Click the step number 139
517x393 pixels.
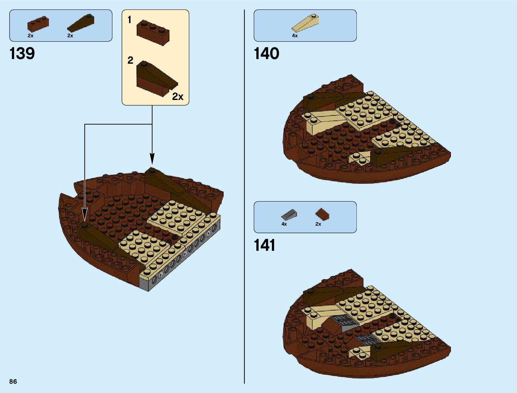click(x=22, y=53)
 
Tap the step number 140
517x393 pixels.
click(x=266, y=53)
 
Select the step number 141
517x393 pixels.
click(x=265, y=245)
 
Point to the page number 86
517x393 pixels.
click(x=13, y=381)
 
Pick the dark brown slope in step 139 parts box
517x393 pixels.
click(x=81, y=23)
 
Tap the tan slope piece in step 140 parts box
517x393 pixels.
click(x=306, y=23)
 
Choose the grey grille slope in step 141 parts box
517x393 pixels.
click(x=289, y=215)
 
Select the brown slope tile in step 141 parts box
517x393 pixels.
click(x=322, y=214)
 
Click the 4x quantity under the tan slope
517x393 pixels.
click(x=295, y=36)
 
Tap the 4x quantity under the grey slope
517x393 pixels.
click(x=284, y=224)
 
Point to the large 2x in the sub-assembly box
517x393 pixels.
click(x=178, y=96)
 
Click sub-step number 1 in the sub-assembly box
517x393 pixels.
click(x=129, y=20)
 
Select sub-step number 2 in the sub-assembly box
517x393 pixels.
click(x=130, y=60)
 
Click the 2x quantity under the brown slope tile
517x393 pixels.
click(x=318, y=224)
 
